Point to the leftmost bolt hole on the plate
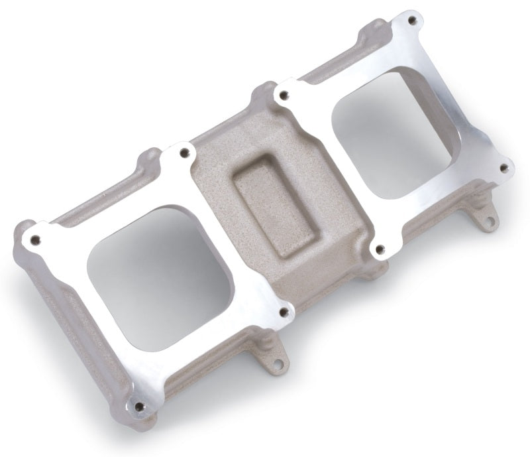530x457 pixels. [35, 240]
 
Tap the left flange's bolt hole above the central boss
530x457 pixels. [184, 154]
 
